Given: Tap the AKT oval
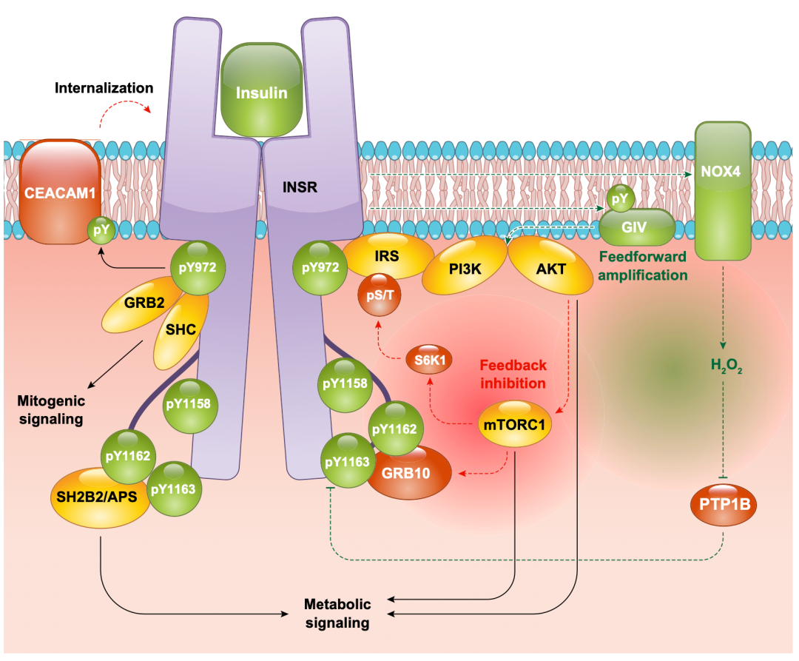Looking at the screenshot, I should tap(550, 268).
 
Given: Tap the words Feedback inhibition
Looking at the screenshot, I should tap(513, 374).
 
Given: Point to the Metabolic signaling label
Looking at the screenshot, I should tap(337, 613).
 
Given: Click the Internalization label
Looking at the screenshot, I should tap(104, 88).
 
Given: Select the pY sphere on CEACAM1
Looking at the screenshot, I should tap(101, 230).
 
